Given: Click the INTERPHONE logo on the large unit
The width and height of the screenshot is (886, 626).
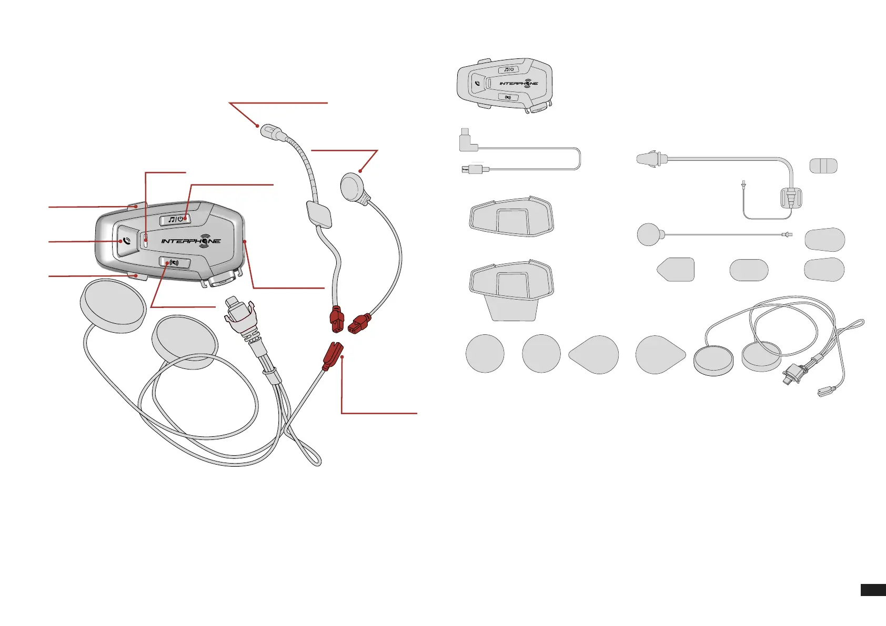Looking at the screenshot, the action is pyautogui.click(x=190, y=241).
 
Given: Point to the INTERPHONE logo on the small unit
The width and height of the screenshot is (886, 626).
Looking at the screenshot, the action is pyautogui.click(x=518, y=83).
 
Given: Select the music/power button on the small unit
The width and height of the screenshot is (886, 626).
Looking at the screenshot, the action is pyautogui.click(x=508, y=69).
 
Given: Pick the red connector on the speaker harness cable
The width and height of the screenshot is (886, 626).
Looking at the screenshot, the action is pyautogui.click(x=332, y=355).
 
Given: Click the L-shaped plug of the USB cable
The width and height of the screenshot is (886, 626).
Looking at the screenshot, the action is pyautogui.click(x=467, y=140).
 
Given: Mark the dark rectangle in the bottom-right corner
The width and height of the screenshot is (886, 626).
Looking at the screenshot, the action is pyautogui.click(x=873, y=590).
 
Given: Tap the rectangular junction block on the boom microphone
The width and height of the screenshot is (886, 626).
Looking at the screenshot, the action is pyautogui.click(x=318, y=215).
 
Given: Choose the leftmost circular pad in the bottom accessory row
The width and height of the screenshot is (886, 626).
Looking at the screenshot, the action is pyautogui.click(x=485, y=354).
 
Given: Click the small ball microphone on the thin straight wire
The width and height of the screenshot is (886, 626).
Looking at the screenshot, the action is pyautogui.click(x=648, y=234).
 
